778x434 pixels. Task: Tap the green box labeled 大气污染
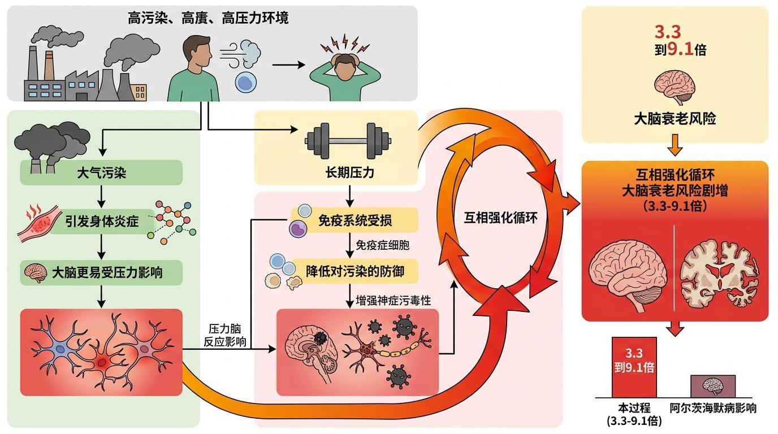(101, 172)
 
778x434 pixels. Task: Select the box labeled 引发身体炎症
(101, 222)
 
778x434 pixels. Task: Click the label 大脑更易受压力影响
(107, 272)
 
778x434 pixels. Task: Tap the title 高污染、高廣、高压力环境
(208, 19)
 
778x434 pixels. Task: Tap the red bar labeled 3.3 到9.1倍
(634, 367)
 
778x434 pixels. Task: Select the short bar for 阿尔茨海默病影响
(712, 385)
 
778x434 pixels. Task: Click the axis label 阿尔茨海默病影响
(712, 407)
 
